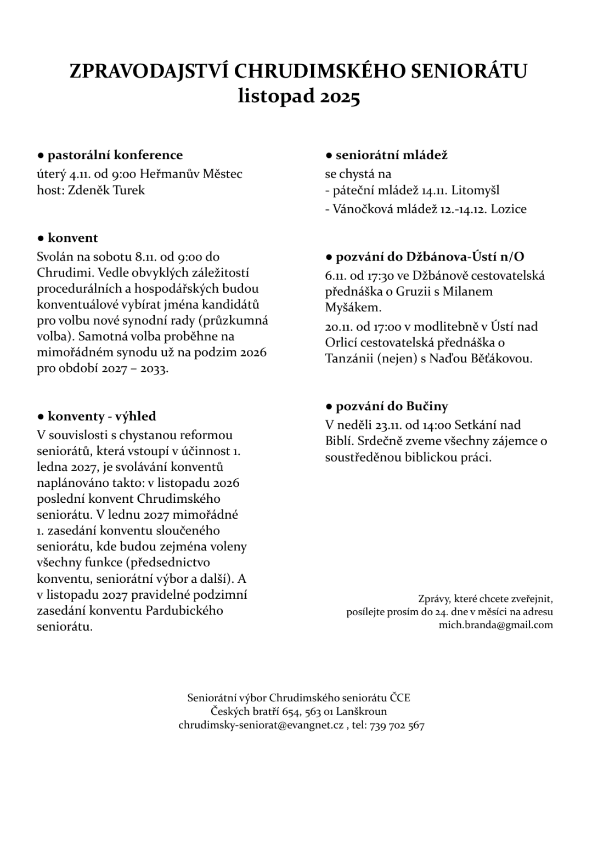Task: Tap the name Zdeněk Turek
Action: tap(106, 190)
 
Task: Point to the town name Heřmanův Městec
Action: tap(191, 174)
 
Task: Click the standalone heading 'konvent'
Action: tap(72, 238)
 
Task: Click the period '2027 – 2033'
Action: tap(134, 368)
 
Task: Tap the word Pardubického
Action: tap(184, 610)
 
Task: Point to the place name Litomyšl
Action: tap(475, 191)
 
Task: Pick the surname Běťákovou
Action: tap(498, 359)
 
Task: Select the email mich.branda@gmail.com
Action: tap(495, 625)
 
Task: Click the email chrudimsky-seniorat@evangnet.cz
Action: tap(261, 725)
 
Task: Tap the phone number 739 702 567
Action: tap(397, 725)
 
